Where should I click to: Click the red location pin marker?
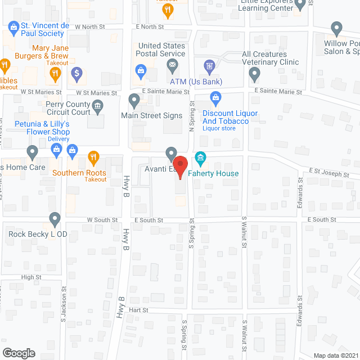pyautogui.click(x=180, y=168)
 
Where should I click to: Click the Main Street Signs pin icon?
pyautogui.click(x=134, y=101)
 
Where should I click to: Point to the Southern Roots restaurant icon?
pyautogui.click(x=93, y=157)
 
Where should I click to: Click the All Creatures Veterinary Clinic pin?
pyautogui.click(x=254, y=73)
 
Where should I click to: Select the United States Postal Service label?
pyautogui.click(x=161, y=49)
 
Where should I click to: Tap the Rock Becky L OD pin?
pyautogui.click(x=55, y=218)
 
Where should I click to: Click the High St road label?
pyautogui.click(x=31, y=277)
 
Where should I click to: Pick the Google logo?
pyautogui.click(x=18, y=353)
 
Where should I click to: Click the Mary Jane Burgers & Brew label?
pyautogui.click(x=50, y=52)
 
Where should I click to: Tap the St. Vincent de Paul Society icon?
pyautogui.click(x=13, y=26)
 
